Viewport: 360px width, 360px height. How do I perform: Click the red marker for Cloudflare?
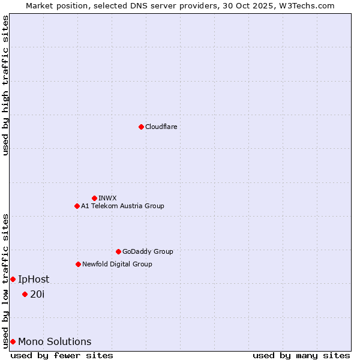[x=141, y=127]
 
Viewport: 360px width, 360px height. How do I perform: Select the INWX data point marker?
[x=94, y=198]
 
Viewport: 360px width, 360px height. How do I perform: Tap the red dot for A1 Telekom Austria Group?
[x=77, y=206]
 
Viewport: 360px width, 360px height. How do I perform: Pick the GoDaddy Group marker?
[x=118, y=251]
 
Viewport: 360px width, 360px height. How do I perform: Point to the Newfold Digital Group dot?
[x=78, y=264]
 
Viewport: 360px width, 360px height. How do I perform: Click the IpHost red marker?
[x=13, y=279]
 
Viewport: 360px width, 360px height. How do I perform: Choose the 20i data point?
[x=25, y=294]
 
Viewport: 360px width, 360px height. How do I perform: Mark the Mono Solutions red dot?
[x=13, y=341]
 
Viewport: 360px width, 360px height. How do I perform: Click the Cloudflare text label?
[x=161, y=127]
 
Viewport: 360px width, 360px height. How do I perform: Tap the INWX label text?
[x=107, y=198]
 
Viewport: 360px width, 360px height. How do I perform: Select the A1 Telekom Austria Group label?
[x=122, y=206]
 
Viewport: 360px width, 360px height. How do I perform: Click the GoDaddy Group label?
[x=148, y=251]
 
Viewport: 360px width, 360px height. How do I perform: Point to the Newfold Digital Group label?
[x=117, y=264]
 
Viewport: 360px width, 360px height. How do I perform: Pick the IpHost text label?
[x=34, y=279]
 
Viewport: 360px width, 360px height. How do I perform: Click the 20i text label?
[x=37, y=294]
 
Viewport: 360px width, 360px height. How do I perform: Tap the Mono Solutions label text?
[x=55, y=342]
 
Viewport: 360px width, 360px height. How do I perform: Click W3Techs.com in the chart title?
[x=310, y=5]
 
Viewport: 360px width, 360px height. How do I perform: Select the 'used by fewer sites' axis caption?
[x=62, y=356]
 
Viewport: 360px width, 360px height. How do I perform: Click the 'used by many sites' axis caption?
[x=301, y=356]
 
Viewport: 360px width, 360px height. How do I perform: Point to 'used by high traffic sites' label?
[x=5, y=85]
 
